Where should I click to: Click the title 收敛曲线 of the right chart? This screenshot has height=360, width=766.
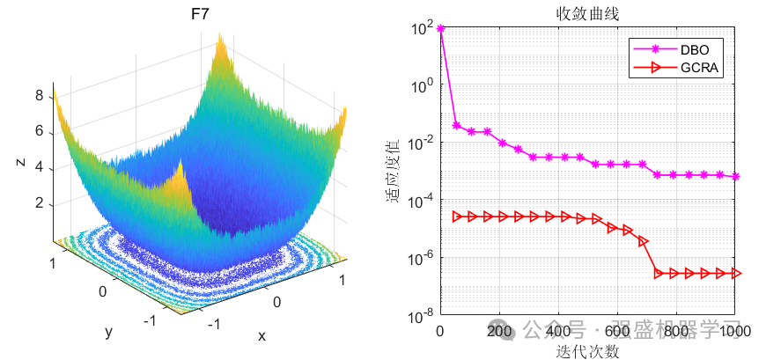pyautogui.click(x=587, y=13)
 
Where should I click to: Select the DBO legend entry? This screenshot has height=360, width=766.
pyautogui.click(x=691, y=49)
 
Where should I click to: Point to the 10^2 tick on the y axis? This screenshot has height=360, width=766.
pyautogui.click(x=422, y=29)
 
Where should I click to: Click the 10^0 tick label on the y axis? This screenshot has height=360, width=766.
pyautogui.click(x=422, y=86)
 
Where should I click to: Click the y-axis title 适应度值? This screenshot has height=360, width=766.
pyautogui.click(x=394, y=171)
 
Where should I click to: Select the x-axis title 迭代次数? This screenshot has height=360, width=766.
pyautogui.click(x=587, y=351)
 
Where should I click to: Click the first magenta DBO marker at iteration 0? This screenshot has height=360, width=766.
pyautogui.click(x=440, y=29)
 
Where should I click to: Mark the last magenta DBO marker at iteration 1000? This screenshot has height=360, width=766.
pyautogui.click(x=735, y=177)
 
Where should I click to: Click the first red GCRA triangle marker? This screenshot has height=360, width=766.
pyautogui.click(x=456, y=216)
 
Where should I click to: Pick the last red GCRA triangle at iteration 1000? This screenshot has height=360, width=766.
pyautogui.click(x=736, y=274)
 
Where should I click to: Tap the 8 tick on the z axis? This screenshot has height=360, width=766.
pyautogui.click(x=39, y=96)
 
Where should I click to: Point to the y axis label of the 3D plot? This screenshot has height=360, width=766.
pyautogui.click(x=108, y=332)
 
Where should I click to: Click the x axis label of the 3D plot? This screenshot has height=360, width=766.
pyautogui.click(x=261, y=335)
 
